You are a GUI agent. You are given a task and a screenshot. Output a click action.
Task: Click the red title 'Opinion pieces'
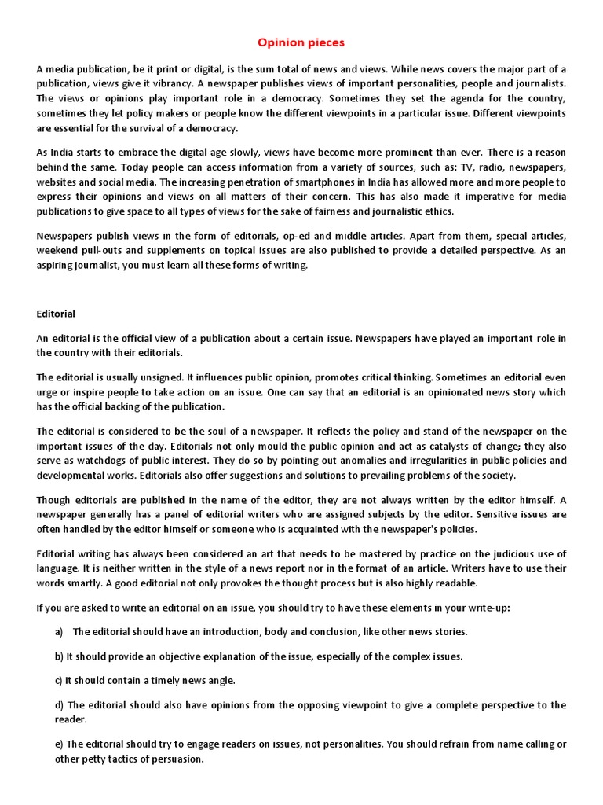(x=301, y=42)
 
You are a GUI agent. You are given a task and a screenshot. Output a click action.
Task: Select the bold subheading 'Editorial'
(x=56, y=314)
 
